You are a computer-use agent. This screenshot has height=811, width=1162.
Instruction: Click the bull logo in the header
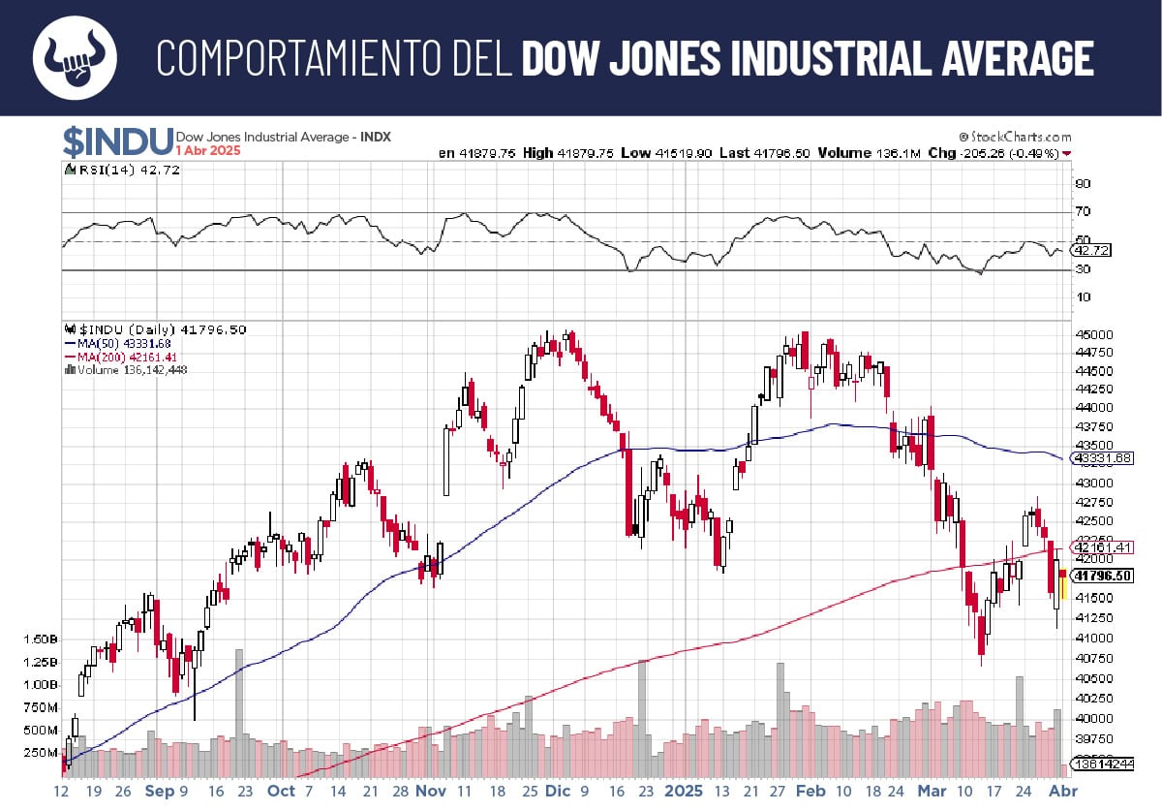[x=75, y=57]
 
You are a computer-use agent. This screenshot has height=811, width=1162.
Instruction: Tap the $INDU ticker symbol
[x=118, y=142]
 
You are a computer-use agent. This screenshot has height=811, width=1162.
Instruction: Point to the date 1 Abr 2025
[x=208, y=151]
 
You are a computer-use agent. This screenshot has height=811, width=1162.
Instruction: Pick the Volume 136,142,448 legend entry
[x=131, y=368]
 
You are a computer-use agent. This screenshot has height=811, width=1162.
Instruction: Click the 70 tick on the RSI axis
[x=1082, y=211]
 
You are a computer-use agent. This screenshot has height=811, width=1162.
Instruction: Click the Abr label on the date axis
[x=1065, y=791]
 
